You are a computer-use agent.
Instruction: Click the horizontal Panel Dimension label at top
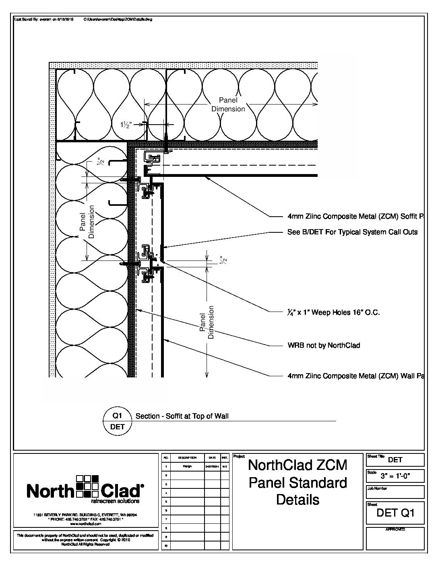click(228, 105)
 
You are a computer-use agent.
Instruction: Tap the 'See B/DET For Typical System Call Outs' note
click(352, 232)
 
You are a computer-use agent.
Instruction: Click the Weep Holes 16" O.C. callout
click(334, 312)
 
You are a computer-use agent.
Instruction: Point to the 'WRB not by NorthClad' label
click(324, 345)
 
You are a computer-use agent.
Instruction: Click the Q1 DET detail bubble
click(118, 421)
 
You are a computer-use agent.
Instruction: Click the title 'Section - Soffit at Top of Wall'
click(182, 416)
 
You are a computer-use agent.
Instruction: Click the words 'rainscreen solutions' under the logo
click(116, 501)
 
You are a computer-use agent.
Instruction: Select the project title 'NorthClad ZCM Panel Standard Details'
click(298, 482)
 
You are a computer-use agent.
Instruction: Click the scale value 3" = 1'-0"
click(401, 477)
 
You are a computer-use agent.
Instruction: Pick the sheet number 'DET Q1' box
click(395, 513)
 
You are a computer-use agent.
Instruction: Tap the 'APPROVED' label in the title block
click(395, 529)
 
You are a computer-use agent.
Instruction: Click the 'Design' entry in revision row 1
click(187, 466)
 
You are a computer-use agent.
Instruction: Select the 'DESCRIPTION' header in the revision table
click(187, 457)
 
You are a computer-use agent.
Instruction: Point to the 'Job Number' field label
click(377, 488)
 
